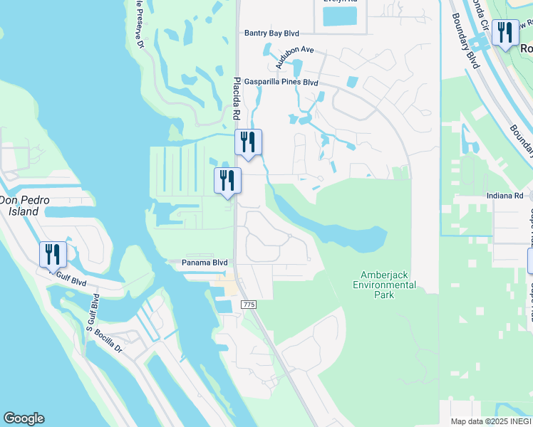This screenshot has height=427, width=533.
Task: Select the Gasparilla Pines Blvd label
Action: point(281,83)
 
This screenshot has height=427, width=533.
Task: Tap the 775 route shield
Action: point(248,304)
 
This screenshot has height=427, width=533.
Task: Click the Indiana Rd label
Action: point(509,196)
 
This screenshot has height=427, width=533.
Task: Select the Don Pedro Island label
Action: point(24,206)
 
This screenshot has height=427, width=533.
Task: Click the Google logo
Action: point(24,418)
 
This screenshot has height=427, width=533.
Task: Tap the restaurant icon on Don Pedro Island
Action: point(53,254)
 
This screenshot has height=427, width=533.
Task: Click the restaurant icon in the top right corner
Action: point(505,33)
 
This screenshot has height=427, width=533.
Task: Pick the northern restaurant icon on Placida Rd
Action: point(248,142)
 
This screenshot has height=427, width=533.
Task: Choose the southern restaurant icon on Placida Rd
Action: point(228,180)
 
